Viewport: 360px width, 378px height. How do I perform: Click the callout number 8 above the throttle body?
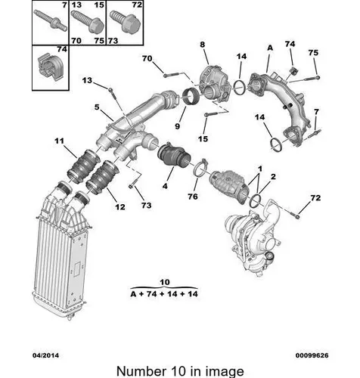click(203, 45)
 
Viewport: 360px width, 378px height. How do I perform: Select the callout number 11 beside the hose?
click(60, 141)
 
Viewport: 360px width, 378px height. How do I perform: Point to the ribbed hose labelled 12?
click(102, 178)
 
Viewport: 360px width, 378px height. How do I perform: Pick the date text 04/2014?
click(45, 355)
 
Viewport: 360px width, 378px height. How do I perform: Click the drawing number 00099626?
click(312, 355)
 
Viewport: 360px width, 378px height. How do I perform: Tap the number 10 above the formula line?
click(165, 282)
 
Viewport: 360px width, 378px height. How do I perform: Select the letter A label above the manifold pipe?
click(270, 48)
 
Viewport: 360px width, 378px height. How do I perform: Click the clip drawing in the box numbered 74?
click(49, 67)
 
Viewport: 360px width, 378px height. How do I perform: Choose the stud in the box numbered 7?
click(51, 20)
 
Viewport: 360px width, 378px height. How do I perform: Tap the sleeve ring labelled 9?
click(191, 98)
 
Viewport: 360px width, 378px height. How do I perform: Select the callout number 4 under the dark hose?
click(165, 186)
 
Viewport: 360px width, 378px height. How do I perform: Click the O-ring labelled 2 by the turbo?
click(255, 200)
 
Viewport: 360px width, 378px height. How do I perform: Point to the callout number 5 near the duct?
click(97, 107)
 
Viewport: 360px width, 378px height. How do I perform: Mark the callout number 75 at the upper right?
click(313, 53)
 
